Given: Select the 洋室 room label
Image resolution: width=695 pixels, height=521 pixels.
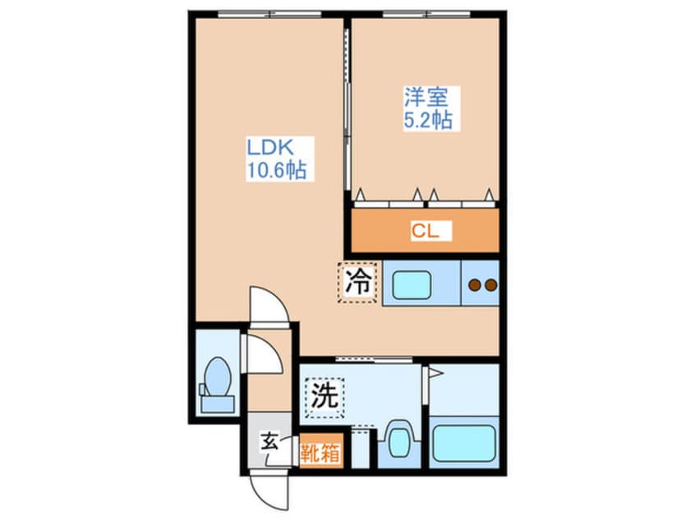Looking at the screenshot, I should pyautogui.click(x=425, y=97).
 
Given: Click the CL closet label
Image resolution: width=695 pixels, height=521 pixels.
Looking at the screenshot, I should pyautogui.click(x=426, y=231).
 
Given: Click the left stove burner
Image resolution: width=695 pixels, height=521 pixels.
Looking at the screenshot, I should pyautogui.click(x=474, y=285).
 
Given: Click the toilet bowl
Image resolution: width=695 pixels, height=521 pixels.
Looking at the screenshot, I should pyautogui.click(x=217, y=379).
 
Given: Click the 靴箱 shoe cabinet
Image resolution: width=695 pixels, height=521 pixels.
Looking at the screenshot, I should pyautogui.click(x=320, y=453).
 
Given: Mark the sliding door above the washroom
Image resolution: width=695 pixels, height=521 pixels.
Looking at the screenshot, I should pyautogui.click(x=373, y=359).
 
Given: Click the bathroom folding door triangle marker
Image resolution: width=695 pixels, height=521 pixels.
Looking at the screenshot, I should pyautogui.click(x=435, y=374).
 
